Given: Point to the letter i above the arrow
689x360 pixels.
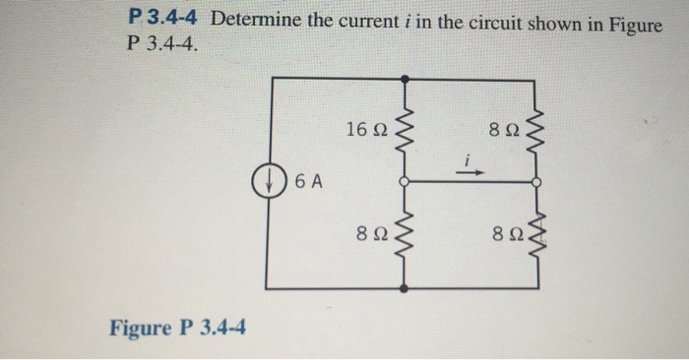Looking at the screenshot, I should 470,158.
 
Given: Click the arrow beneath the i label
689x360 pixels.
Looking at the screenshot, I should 471,172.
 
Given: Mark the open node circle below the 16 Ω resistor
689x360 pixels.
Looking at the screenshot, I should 403,182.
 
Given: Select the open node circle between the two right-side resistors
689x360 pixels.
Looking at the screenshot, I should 536,182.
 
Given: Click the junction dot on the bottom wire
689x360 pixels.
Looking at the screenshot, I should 403,290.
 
